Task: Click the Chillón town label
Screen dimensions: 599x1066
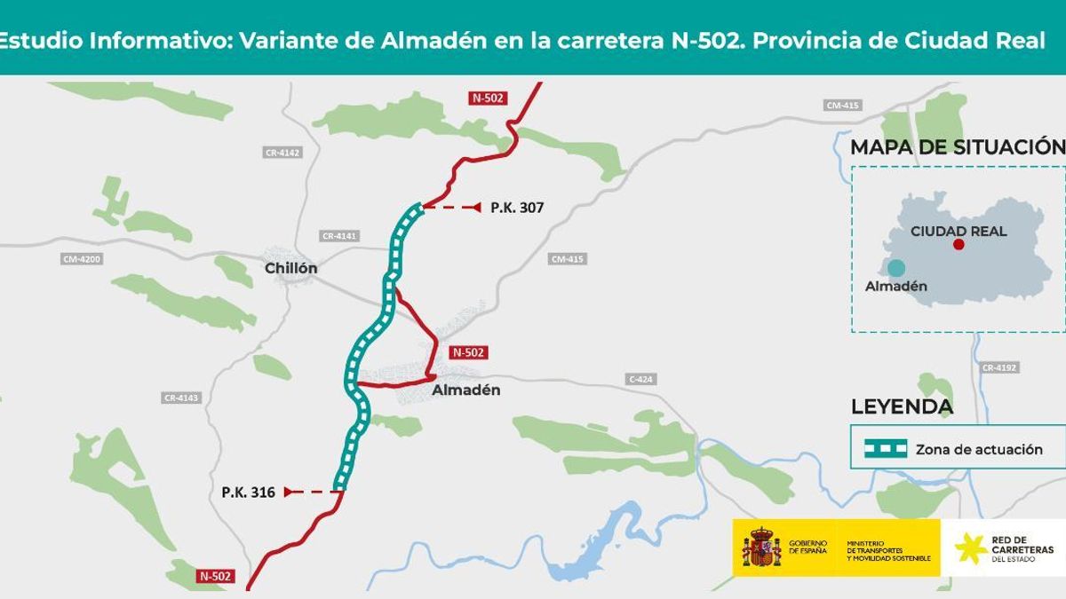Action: coord(290,268)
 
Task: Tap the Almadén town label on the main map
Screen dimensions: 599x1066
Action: coord(465,390)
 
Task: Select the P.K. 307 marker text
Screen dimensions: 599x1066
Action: coord(516,208)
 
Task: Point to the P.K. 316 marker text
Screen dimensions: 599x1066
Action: coord(249,491)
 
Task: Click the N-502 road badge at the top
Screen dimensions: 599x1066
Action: coord(488,98)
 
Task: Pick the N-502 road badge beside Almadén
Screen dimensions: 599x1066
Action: coord(468,352)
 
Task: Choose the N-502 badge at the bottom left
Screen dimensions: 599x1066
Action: coord(214,576)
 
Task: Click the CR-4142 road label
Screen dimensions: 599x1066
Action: coord(282,153)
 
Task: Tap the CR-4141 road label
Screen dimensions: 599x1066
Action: coord(339,236)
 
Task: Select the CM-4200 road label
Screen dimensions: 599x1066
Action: coord(82,259)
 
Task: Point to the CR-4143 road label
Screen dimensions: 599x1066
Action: coord(181,398)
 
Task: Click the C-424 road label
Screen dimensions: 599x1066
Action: coord(640,380)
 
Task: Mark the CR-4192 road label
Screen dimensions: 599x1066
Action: coord(999,367)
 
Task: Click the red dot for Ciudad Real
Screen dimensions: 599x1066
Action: coord(959,244)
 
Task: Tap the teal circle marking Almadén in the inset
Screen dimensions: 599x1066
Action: coord(896,268)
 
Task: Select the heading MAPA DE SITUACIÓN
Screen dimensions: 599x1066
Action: coord(958,147)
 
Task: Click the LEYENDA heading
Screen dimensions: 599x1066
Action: coord(902,407)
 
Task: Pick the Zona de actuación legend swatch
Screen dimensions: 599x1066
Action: coord(879,448)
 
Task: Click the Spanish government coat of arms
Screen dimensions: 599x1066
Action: coord(761,547)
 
